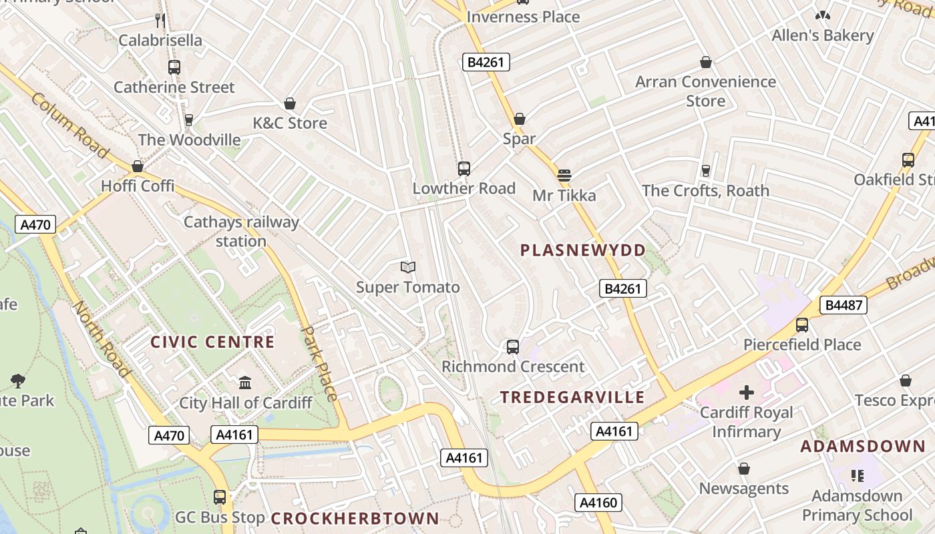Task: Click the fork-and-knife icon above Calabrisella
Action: point(160,20)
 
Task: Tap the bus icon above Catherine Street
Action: point(174,67)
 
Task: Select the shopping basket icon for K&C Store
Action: point(290,103)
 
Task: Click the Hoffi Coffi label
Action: point(138,186)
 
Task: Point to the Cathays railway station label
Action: point(241,231)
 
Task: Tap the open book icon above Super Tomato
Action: point(408,268)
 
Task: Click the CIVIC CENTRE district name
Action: point(212,342)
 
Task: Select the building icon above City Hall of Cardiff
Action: point(245,383)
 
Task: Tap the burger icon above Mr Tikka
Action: point(564,176)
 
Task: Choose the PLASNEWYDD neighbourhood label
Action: point(583,250)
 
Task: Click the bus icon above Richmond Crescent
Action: point(513,347)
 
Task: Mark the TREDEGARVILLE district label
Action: point(573,398)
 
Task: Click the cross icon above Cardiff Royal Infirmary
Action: point(747,392)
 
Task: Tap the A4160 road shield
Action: point(598,502)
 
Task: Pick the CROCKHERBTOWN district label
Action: point(355,519)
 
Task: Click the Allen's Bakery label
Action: point(823,35)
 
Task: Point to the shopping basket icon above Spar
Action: point(520,119)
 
